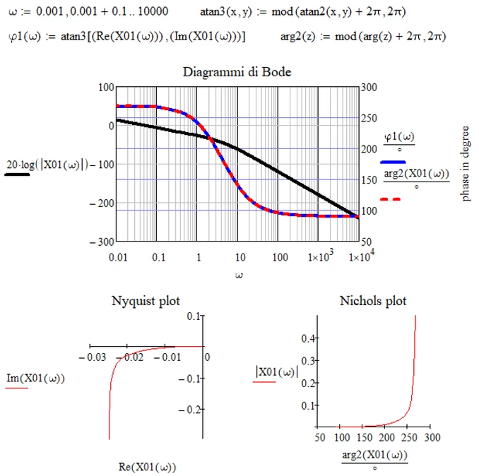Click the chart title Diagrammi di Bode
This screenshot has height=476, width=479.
(237, 72)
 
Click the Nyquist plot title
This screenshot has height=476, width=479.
(146, 301)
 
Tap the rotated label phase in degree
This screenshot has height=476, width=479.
(466, 159)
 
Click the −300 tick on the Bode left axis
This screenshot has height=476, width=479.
(102, 241)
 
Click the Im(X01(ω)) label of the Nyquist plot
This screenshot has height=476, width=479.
(35, 379)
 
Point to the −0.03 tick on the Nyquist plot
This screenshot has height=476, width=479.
(94, 357)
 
